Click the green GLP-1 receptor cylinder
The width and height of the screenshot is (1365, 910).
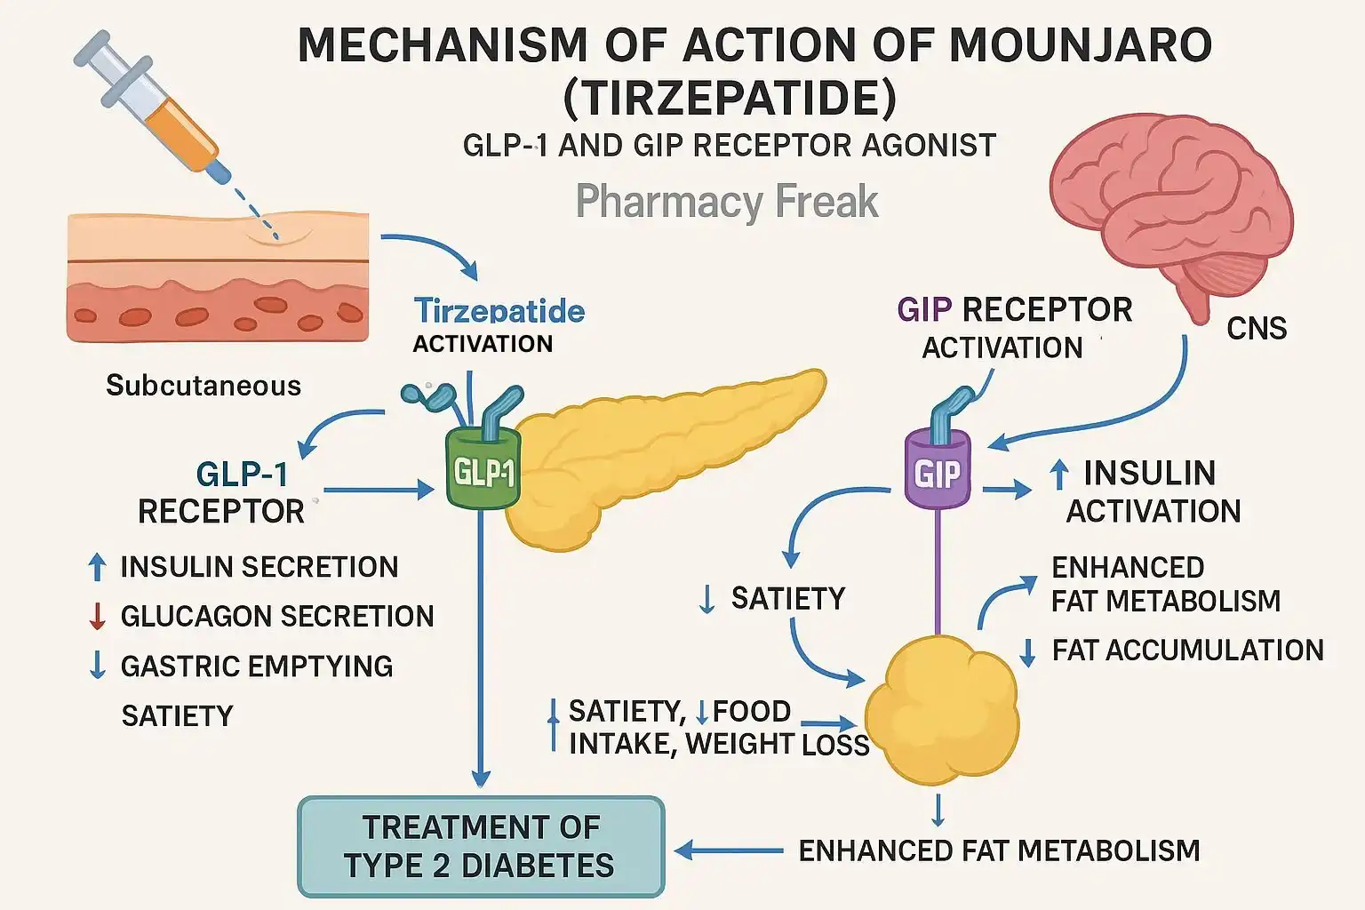pos(482,469)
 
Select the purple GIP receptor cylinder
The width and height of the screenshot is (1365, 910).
pos(938,471)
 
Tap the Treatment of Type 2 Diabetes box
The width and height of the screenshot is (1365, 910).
pos(481,846)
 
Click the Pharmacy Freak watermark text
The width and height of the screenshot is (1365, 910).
pos(727,201)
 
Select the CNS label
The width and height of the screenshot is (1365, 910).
pos(1257,329)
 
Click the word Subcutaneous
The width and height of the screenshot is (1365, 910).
pos(204,386)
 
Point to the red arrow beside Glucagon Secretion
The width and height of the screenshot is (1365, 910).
pos(98,616)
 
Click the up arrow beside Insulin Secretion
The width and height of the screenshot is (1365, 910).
pos(98,567)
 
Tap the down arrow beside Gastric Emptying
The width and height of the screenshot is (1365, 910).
pos(98,666)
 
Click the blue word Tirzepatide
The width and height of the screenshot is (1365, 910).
pos(499,311)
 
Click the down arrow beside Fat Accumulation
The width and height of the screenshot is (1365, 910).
pos(1028,651)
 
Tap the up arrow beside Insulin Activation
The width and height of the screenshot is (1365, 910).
pos(1058,475)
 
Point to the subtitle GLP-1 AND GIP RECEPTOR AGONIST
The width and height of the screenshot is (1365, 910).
pos(730,146)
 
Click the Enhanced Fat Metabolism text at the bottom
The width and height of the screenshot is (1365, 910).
pos(999,851)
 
